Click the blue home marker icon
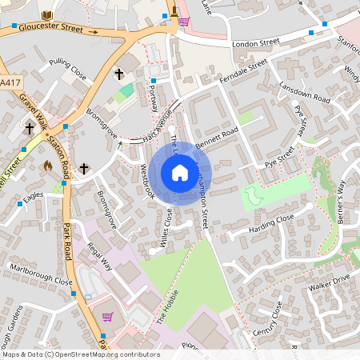[179, 173]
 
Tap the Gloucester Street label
[49, 28]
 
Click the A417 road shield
[10, 82]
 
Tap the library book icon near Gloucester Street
[46, 16]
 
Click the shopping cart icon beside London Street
[183, 21]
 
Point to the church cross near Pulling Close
[119, 74]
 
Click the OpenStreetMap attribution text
[70, 354]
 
